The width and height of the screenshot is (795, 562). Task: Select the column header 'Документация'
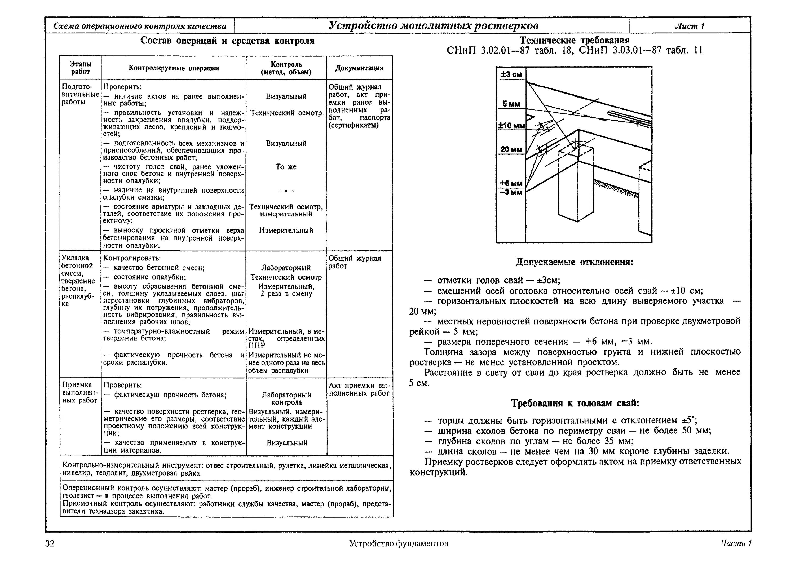(359, 68)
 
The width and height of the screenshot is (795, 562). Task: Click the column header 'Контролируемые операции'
(174, 68)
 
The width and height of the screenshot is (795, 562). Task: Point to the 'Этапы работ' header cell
(80, 68)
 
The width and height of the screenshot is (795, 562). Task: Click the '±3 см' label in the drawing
(511, 74)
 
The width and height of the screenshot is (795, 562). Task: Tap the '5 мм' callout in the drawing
(511, 104)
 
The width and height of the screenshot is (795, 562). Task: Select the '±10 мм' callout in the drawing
(511, 125)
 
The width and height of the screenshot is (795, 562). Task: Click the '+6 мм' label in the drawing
(511, 183)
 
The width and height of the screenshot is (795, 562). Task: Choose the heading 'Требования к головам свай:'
(575, 403)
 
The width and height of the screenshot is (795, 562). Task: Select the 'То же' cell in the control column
(286, 167)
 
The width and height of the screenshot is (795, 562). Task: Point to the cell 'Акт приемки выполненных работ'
(359, 390)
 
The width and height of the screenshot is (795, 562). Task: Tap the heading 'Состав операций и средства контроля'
(227, 41)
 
